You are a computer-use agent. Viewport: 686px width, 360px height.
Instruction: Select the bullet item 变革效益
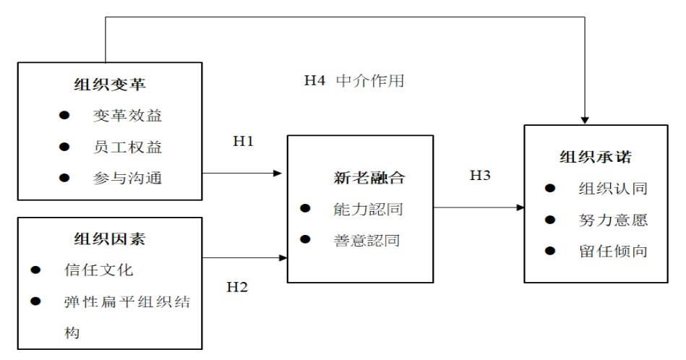coord(127,116)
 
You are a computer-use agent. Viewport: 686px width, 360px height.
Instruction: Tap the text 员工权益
coord(127,147)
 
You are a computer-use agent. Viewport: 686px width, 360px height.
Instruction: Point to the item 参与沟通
coord(127,178)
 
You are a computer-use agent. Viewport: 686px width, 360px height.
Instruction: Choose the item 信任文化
coord(98,271)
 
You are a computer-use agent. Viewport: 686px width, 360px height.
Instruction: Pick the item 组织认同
coord(612,189)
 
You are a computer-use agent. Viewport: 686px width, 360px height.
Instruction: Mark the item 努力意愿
coord(612,220)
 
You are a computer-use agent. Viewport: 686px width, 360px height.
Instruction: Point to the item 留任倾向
coord(612,252)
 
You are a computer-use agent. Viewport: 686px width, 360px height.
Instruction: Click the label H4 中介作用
coord(354,80)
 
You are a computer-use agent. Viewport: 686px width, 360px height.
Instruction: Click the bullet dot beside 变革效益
coord(65,116)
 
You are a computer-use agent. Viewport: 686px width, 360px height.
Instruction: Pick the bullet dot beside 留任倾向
coord(550,252)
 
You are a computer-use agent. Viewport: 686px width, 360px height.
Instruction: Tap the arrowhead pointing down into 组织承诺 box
coord(585,119)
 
